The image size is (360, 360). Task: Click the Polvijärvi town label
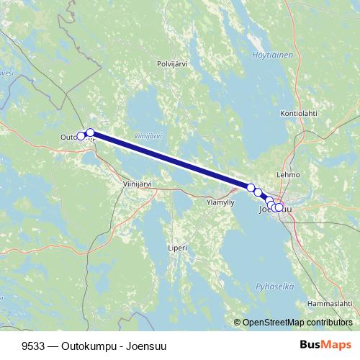pos(172,64)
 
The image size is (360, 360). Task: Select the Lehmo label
pos(288,175)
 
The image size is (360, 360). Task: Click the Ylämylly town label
pos(220,202)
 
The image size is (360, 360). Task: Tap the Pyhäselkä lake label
pos(275,287)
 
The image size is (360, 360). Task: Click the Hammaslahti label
pos(328,304)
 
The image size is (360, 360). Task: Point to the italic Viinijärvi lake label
pos(148,135)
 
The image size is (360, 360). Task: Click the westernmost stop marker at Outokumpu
pos(81,136)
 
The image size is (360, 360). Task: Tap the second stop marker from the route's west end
pos(90,132)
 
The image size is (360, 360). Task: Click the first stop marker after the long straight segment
pos(251,188)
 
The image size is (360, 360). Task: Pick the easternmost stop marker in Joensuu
pos(279,208)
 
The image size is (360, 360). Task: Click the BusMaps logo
pos(325,345)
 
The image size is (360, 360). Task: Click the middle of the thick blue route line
pos(171,161)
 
